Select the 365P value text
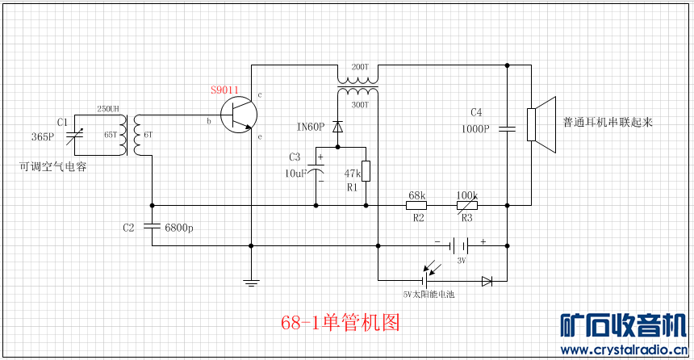(x=42, y=137)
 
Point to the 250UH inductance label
(x=108, y=108)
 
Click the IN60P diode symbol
(x=337, y=126)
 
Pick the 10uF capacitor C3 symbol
(x=320, y=173)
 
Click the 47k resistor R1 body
(x=366, y=171)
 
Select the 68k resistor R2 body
(x=416, y=205)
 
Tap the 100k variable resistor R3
(x=467, y=205)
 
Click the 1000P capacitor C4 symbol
(x=507, y=127)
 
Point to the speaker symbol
(x=541, y=124)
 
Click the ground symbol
(x=251, y=281)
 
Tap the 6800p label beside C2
(x=178, y=228)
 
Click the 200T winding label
(x=358, y=66)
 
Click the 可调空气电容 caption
(x=53, y=167)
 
